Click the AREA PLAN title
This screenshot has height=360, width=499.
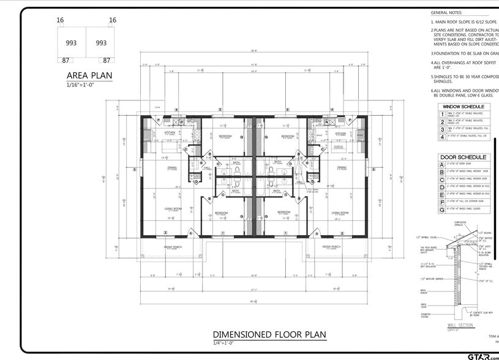click(x=89, y=76)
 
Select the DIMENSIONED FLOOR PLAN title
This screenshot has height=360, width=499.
click(x=269, y=334)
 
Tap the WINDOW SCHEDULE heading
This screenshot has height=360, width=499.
click(x=463, y=107)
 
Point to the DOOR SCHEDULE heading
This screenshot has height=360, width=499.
click(x=463, y=157)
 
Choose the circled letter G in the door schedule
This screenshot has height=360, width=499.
click(x=442, y=209)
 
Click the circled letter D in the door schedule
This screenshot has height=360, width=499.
click(x=442, y=186)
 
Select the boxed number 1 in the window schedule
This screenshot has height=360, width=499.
click(x=442, y=114)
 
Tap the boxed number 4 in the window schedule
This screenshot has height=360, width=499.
click(x=442, y=136)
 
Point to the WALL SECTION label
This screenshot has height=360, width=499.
click(x=460, y=326)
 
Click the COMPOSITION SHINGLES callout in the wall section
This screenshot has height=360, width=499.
click(x=460, y=224)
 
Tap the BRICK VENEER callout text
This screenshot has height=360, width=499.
click(x=424, y=291)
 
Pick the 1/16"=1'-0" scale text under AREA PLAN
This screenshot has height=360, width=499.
click(x=81, y=84)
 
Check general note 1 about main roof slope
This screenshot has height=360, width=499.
click(x=463, y=21)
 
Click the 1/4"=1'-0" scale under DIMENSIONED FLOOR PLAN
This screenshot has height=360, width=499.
click(x=223, y=342)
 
